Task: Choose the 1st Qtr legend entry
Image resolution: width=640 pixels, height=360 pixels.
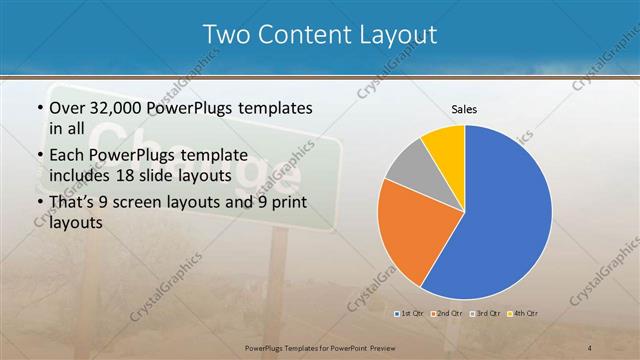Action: point(411,314)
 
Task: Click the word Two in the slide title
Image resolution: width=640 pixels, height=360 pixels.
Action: point(224,35)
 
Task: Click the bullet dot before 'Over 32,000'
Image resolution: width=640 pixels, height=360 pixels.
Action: point(39,108)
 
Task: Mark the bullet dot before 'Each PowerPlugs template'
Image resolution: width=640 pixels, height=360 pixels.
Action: point(39,155)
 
